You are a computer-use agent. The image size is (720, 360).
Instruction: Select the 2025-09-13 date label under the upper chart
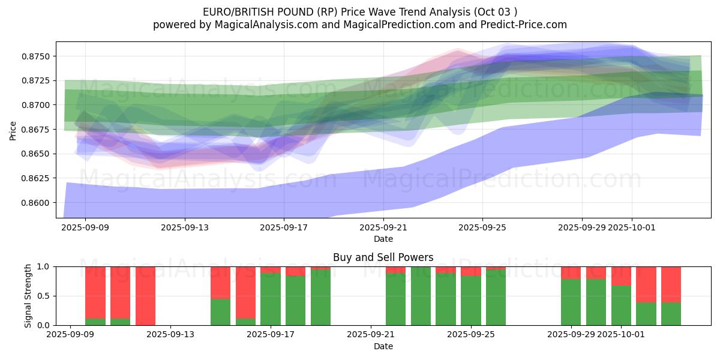click(x=185, y=228)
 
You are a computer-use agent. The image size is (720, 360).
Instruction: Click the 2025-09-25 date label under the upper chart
click(x=482, y=228)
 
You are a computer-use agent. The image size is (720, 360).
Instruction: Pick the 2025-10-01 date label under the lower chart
click(x=622, y=335)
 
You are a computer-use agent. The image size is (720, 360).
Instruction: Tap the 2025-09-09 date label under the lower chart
click(x=71, y=335)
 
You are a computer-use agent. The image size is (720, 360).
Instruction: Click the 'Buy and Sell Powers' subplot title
click(x=383, y=257)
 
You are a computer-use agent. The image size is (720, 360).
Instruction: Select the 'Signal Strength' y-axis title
click(x=28, y=296)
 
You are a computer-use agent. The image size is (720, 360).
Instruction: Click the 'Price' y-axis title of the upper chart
click(x=13, y=130)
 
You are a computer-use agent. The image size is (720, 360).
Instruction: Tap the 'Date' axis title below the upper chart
click(x=383, y=239)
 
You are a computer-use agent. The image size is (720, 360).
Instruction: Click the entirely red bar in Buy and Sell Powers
click(x=146, y=296)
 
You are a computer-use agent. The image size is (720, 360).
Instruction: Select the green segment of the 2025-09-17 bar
click(x=271, y=299)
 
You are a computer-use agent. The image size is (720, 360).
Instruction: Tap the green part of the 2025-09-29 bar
click(x=571, y=302)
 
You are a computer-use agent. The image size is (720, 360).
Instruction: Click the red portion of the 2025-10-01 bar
click(x=622, y=276)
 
